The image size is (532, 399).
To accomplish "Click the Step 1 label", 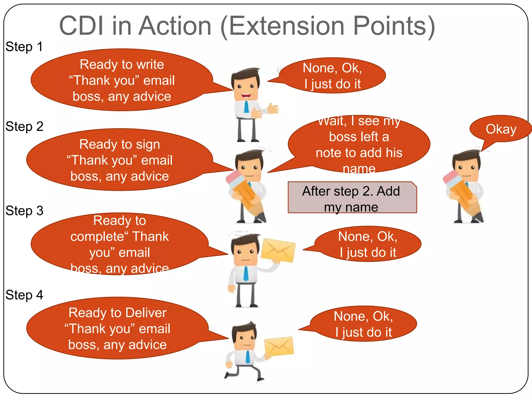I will pos(24,47).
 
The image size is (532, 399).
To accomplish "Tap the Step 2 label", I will pos(24,127).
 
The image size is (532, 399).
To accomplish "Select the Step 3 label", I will pos(24,211).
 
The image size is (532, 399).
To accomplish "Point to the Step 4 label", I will pos(24,295).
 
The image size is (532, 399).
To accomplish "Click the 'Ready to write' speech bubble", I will pos(122,80).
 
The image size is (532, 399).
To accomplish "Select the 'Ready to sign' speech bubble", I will pos(119,160).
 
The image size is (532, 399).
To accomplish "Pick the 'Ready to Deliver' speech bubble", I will pos(117,328).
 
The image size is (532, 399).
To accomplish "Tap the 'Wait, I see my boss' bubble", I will pos(359,144).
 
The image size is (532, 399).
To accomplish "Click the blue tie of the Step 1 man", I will pos(246,107).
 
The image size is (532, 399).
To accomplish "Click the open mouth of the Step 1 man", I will pos(246,96).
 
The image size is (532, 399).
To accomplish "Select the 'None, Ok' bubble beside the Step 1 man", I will pos(332,76).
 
